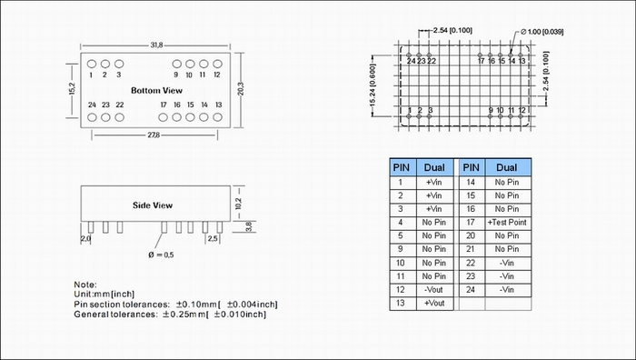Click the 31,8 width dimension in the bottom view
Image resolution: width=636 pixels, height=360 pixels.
click(x=156, y=45)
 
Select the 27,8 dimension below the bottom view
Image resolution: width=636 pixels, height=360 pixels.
click(x=154, y=135)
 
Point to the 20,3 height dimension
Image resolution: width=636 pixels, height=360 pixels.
click(x=241, y=89)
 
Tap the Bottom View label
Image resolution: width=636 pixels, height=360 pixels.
click(x=156, y=91)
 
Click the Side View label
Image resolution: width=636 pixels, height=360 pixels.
click(x=153, y=205)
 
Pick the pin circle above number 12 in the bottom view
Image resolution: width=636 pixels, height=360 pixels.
click(x=217, y=64)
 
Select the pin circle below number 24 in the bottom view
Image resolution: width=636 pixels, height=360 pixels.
click(x=92, y=117)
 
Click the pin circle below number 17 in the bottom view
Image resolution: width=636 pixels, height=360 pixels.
click(x=163, y=117)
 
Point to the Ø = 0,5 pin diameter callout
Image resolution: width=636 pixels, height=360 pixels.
click(x=161, y=255)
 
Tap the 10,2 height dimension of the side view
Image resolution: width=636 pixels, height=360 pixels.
click(x=238, y=204)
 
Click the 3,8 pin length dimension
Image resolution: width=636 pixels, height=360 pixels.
click(x=249, y=226)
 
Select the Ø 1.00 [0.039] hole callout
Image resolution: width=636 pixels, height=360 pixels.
click(x=542, y=32)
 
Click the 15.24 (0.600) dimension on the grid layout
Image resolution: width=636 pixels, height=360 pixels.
click(x=373, y=85)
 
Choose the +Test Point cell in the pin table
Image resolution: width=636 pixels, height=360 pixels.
click(x=507, y=223)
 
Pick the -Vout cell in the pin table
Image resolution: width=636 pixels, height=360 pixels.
click(x=434, y=290)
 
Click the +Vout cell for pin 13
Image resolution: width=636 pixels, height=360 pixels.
click(x=434, y=303)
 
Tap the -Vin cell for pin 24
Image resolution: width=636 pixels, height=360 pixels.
click(x=507, y=290)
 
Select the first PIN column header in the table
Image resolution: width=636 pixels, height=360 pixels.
click(x=402, y=167)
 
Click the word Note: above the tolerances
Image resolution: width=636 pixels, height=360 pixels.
click(x=85, y=285)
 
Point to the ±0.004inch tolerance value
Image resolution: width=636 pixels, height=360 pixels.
click(x=252, y=305)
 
